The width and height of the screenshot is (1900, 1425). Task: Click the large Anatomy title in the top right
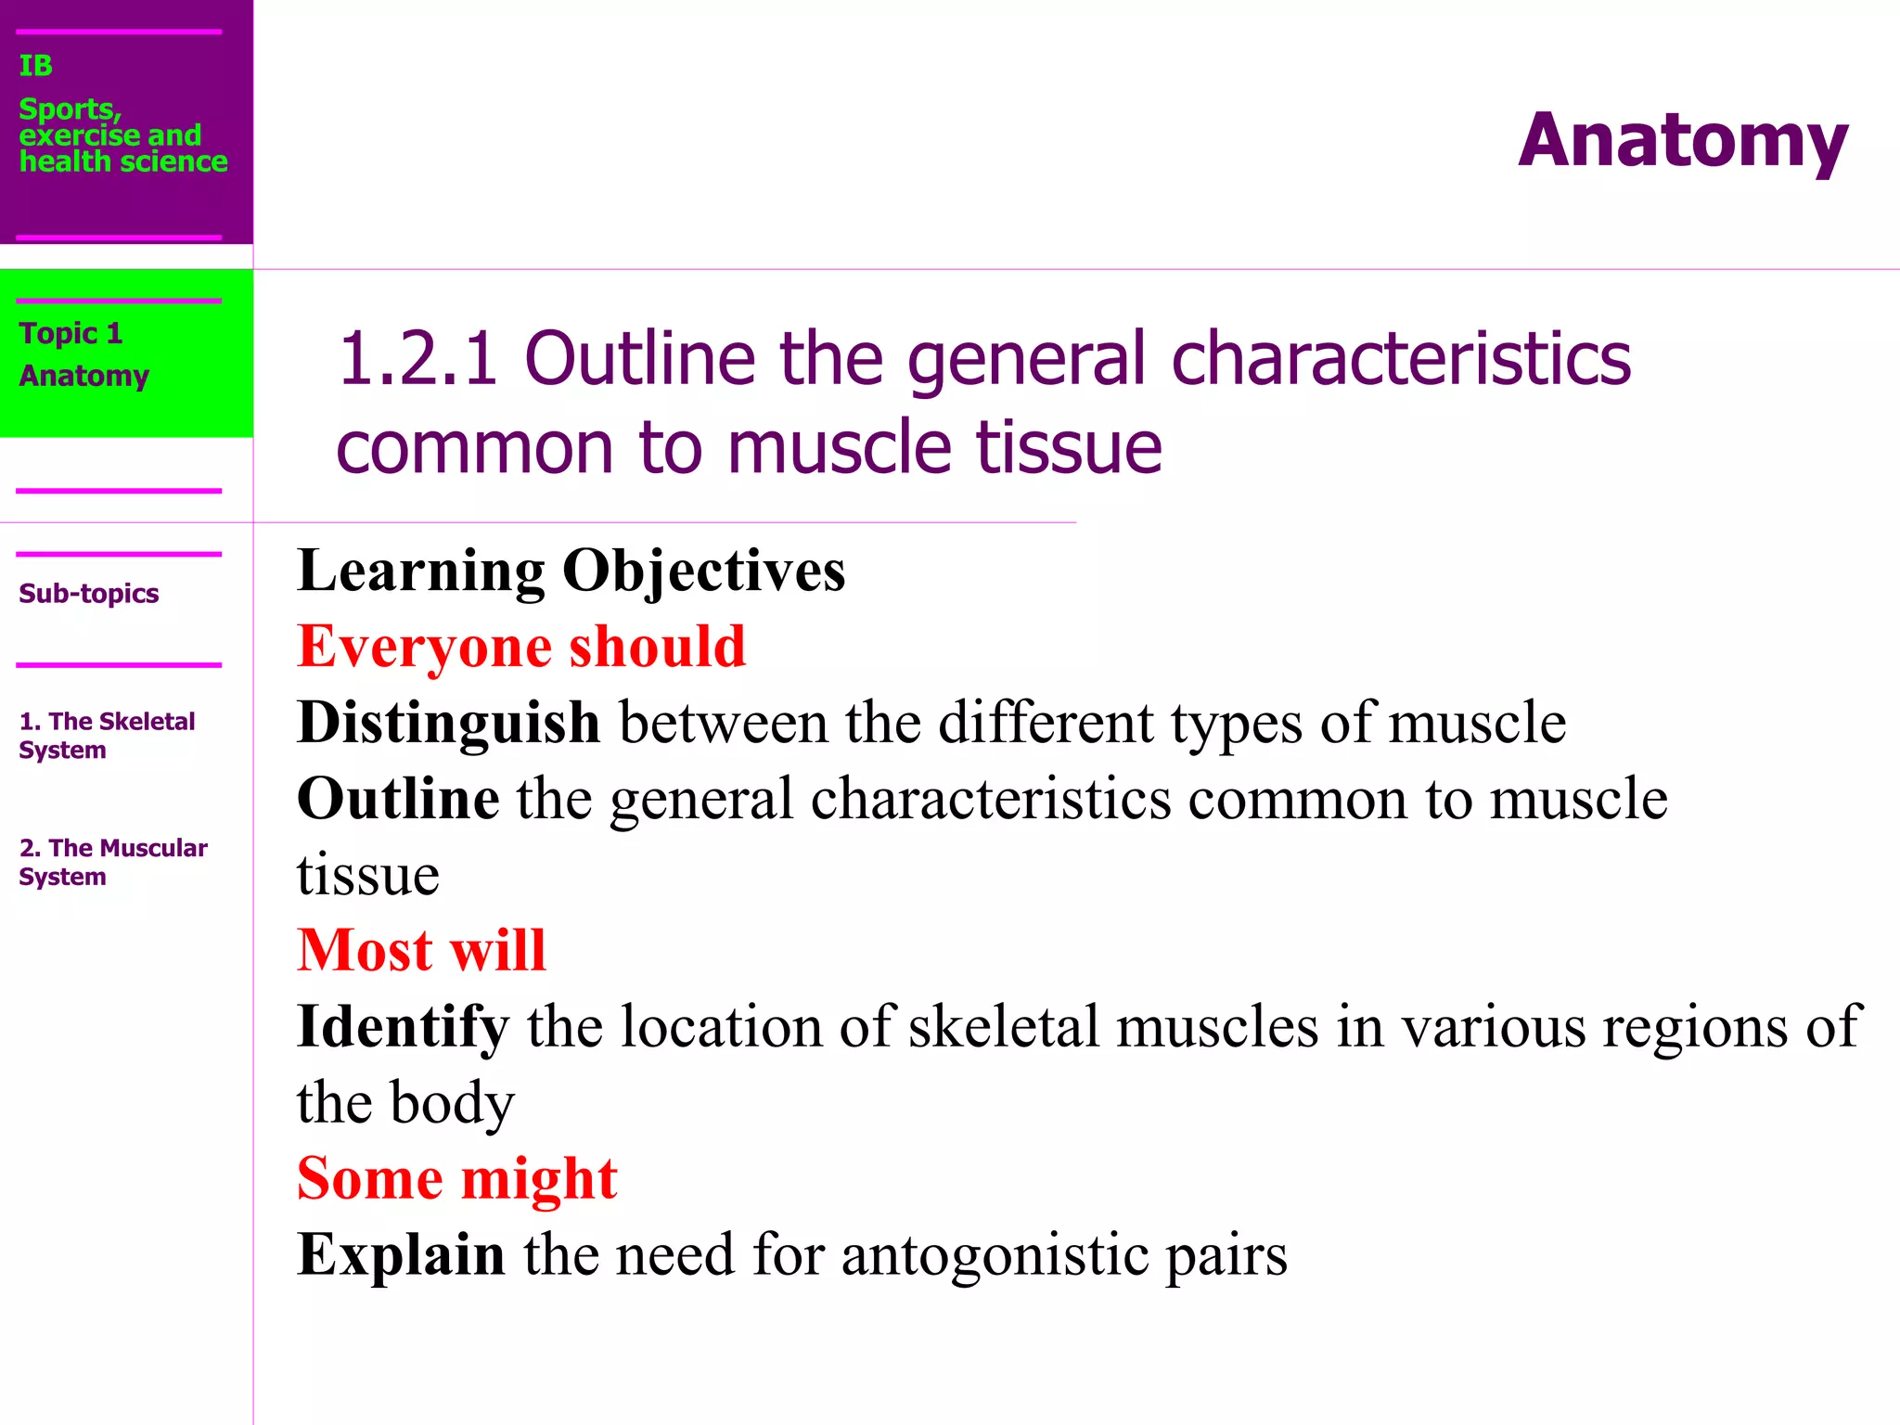(x=1682, y=141)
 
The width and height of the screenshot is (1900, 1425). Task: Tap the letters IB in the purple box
(x=36, y=66)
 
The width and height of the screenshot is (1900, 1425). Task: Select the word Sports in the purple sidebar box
(x=70, y=109)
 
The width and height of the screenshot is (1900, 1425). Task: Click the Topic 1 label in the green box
(x=71, y=333)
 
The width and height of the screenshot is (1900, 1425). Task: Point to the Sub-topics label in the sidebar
(x=88, y=594)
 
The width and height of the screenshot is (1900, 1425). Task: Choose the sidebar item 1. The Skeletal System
(x=106, y=735)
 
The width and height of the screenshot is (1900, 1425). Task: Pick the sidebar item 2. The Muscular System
(x=112, y=862)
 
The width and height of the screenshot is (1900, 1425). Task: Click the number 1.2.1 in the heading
(x=417, y=359)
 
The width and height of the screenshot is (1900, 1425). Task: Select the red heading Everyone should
(x=521, y=647)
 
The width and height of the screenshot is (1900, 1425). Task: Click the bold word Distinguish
(x=448, y=723)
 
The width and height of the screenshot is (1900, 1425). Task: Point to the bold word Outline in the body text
(x=398, y=799)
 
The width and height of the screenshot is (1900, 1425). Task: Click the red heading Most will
(x=421, y=951)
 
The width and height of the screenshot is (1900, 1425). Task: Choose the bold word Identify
(x=403, y=1027)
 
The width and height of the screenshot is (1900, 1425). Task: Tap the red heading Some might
(x=456, y=1179)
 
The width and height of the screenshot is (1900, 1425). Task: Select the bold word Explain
(x=401, y=1255)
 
